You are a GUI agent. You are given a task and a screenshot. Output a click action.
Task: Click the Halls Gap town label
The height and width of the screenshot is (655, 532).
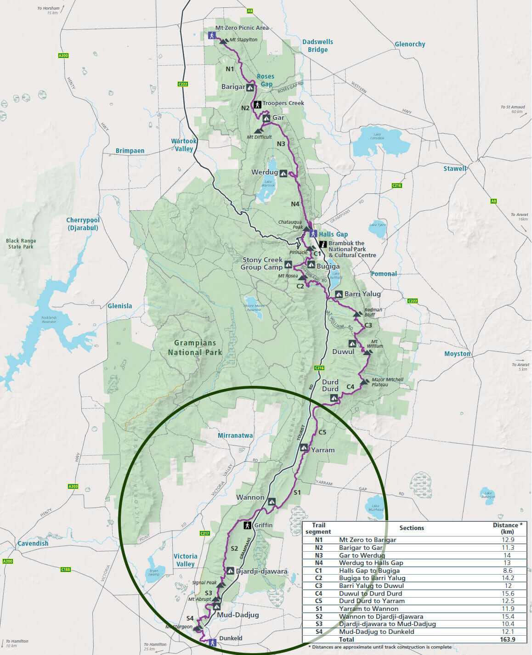click(334, 234)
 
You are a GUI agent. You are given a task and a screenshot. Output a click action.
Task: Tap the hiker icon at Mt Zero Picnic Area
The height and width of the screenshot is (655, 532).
click(211, 35)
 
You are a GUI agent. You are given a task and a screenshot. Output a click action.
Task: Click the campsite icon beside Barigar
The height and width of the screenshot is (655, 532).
click(250, 87)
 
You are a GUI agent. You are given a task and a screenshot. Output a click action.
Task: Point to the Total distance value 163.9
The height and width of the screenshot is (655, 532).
click(508, 639)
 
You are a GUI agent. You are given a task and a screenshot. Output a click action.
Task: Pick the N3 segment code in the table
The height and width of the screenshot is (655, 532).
click(318, 555)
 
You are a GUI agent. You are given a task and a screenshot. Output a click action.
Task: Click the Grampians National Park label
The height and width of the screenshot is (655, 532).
click(195, 348)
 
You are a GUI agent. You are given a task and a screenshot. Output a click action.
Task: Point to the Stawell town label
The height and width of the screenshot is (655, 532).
click(455, 169)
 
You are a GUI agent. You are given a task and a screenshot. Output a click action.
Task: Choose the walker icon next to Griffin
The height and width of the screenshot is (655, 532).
click(247, 525)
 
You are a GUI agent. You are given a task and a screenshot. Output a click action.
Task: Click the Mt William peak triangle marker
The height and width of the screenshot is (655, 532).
click(366, 352)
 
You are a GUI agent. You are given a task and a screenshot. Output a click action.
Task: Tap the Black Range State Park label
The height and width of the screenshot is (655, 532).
click(21, 243)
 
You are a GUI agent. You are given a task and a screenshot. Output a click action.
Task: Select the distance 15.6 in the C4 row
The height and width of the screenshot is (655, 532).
click(508, 593)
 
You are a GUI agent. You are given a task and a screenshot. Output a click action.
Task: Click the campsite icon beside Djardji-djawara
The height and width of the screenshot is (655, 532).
click(230, 570)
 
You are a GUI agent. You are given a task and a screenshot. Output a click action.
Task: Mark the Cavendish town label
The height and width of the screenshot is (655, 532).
click(33, 543)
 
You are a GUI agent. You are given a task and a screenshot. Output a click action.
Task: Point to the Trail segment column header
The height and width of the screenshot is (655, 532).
click(318, 528)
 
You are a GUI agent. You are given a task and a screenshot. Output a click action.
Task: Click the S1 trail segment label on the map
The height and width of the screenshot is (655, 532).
click(297, 492)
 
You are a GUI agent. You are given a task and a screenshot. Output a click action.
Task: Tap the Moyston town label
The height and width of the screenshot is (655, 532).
click(457, 354)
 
